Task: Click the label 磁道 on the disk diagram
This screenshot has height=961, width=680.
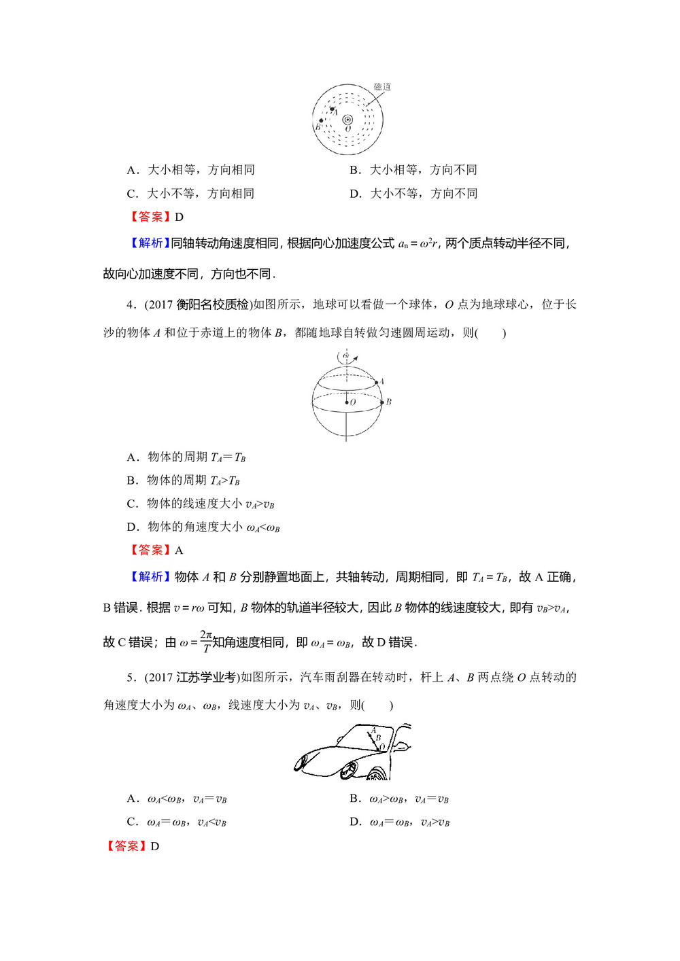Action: [x=382, y=87]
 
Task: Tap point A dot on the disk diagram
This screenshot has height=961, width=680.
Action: [x=332, y=109]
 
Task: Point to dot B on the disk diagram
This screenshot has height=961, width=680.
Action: [x=321, y=121]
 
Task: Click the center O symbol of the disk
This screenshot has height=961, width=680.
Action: [x=347, y=120]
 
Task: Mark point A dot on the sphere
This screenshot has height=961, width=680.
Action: [x=375, y=383]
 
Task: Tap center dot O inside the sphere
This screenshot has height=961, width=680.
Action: [x=346, y=402]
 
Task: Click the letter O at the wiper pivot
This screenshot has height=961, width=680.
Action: [x=382, y=747]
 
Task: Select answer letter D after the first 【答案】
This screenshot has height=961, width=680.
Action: [x=180, y=217]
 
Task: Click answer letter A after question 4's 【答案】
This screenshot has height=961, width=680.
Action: [x=180, y=551]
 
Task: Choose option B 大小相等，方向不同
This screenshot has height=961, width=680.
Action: [x=413, y=170]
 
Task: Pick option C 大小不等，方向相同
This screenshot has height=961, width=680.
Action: [x=191, y=194]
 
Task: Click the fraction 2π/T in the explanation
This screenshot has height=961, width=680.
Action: [x=206, y=641]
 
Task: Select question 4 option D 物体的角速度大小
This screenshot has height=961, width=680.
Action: [x=203, y=527]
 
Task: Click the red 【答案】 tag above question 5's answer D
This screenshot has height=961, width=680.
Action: [x=126, y=846]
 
